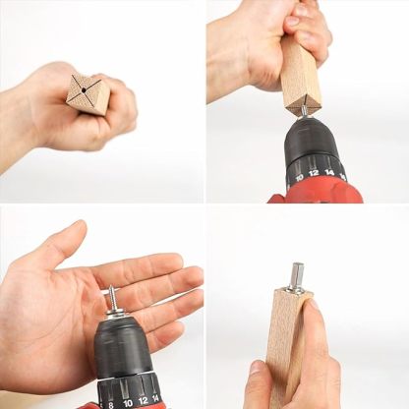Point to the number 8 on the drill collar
point(109,401)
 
